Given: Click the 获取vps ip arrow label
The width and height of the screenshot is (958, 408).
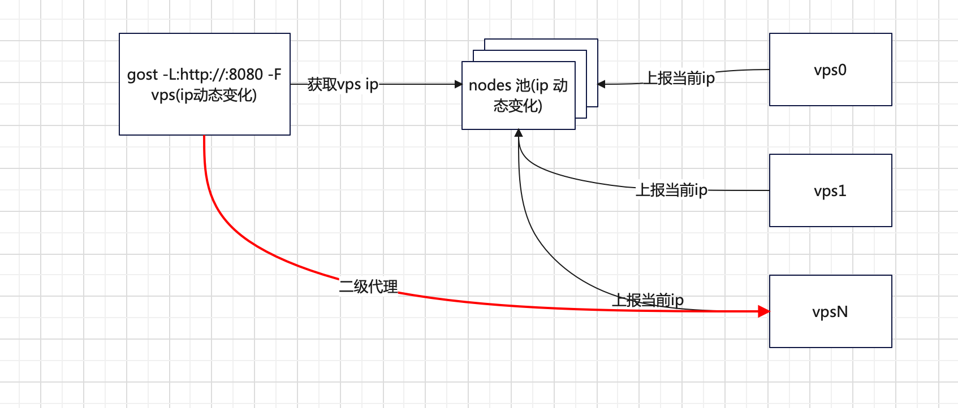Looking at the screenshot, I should (343, 84).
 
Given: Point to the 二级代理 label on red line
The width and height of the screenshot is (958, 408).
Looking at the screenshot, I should (368, 287).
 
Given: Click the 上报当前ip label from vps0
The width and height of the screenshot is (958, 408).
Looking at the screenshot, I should (680, 78).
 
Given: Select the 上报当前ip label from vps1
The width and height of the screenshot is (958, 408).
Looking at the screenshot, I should (671, 190).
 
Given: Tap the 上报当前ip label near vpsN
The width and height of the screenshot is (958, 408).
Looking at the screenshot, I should (648, 300).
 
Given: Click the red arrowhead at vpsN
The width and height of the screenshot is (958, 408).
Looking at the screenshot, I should (764, 311).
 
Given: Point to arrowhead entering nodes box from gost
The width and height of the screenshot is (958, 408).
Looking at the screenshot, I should (459, 84).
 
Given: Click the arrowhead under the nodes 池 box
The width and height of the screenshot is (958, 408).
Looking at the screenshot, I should (519, 133).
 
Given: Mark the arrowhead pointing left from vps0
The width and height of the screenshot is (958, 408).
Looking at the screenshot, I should (601, 84).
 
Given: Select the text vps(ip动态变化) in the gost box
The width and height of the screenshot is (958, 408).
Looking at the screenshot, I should (204, 95).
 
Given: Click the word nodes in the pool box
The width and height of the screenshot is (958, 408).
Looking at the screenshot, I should (490, 85).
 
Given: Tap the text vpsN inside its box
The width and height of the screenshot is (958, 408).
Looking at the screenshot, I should (830, 312).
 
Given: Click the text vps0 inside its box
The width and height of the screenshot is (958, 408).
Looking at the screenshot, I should (830, 70).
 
